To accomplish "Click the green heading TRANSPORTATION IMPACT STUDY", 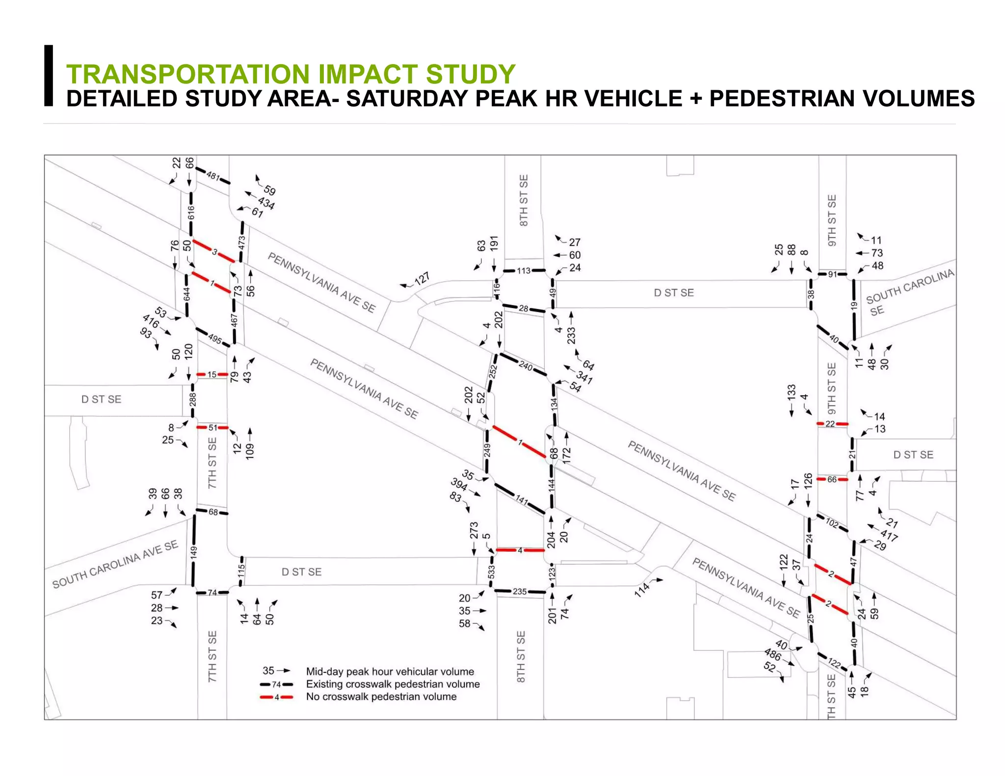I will pyautogui.click(x=291, y=75).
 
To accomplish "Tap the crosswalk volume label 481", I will pyautogui.click(x=213, y=176).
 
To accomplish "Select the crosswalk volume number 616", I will pyautogui.click(x=191, y=213).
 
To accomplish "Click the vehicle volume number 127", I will pyautogui.click(x=422, y=279).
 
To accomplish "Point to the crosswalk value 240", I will pyautogui.click(x=525, y=366).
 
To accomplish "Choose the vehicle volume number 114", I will pyautogui.click(x=642, y=589).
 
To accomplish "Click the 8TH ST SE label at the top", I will pyautogui.click(x=524, y=200).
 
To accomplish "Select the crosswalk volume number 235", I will pyautogui.click(x=520, y=592).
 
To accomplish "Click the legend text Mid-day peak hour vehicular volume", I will pyautogui.click(x=390, y=672).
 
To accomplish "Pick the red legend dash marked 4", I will pyautogui.click(x=276, y=697).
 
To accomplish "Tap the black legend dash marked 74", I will pyautogui.click(x=276, y=684).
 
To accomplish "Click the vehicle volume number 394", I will pyautogui.click(x=459, y=485).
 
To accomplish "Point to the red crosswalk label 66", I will pyautogui.click(x=832, y=479).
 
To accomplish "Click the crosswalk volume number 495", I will pyautogui.click(x=214, y=339).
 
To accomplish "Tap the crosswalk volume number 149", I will pyautogui.click(x=193, y=552).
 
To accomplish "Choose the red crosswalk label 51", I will pyautogui.click(x=212, y=428).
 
